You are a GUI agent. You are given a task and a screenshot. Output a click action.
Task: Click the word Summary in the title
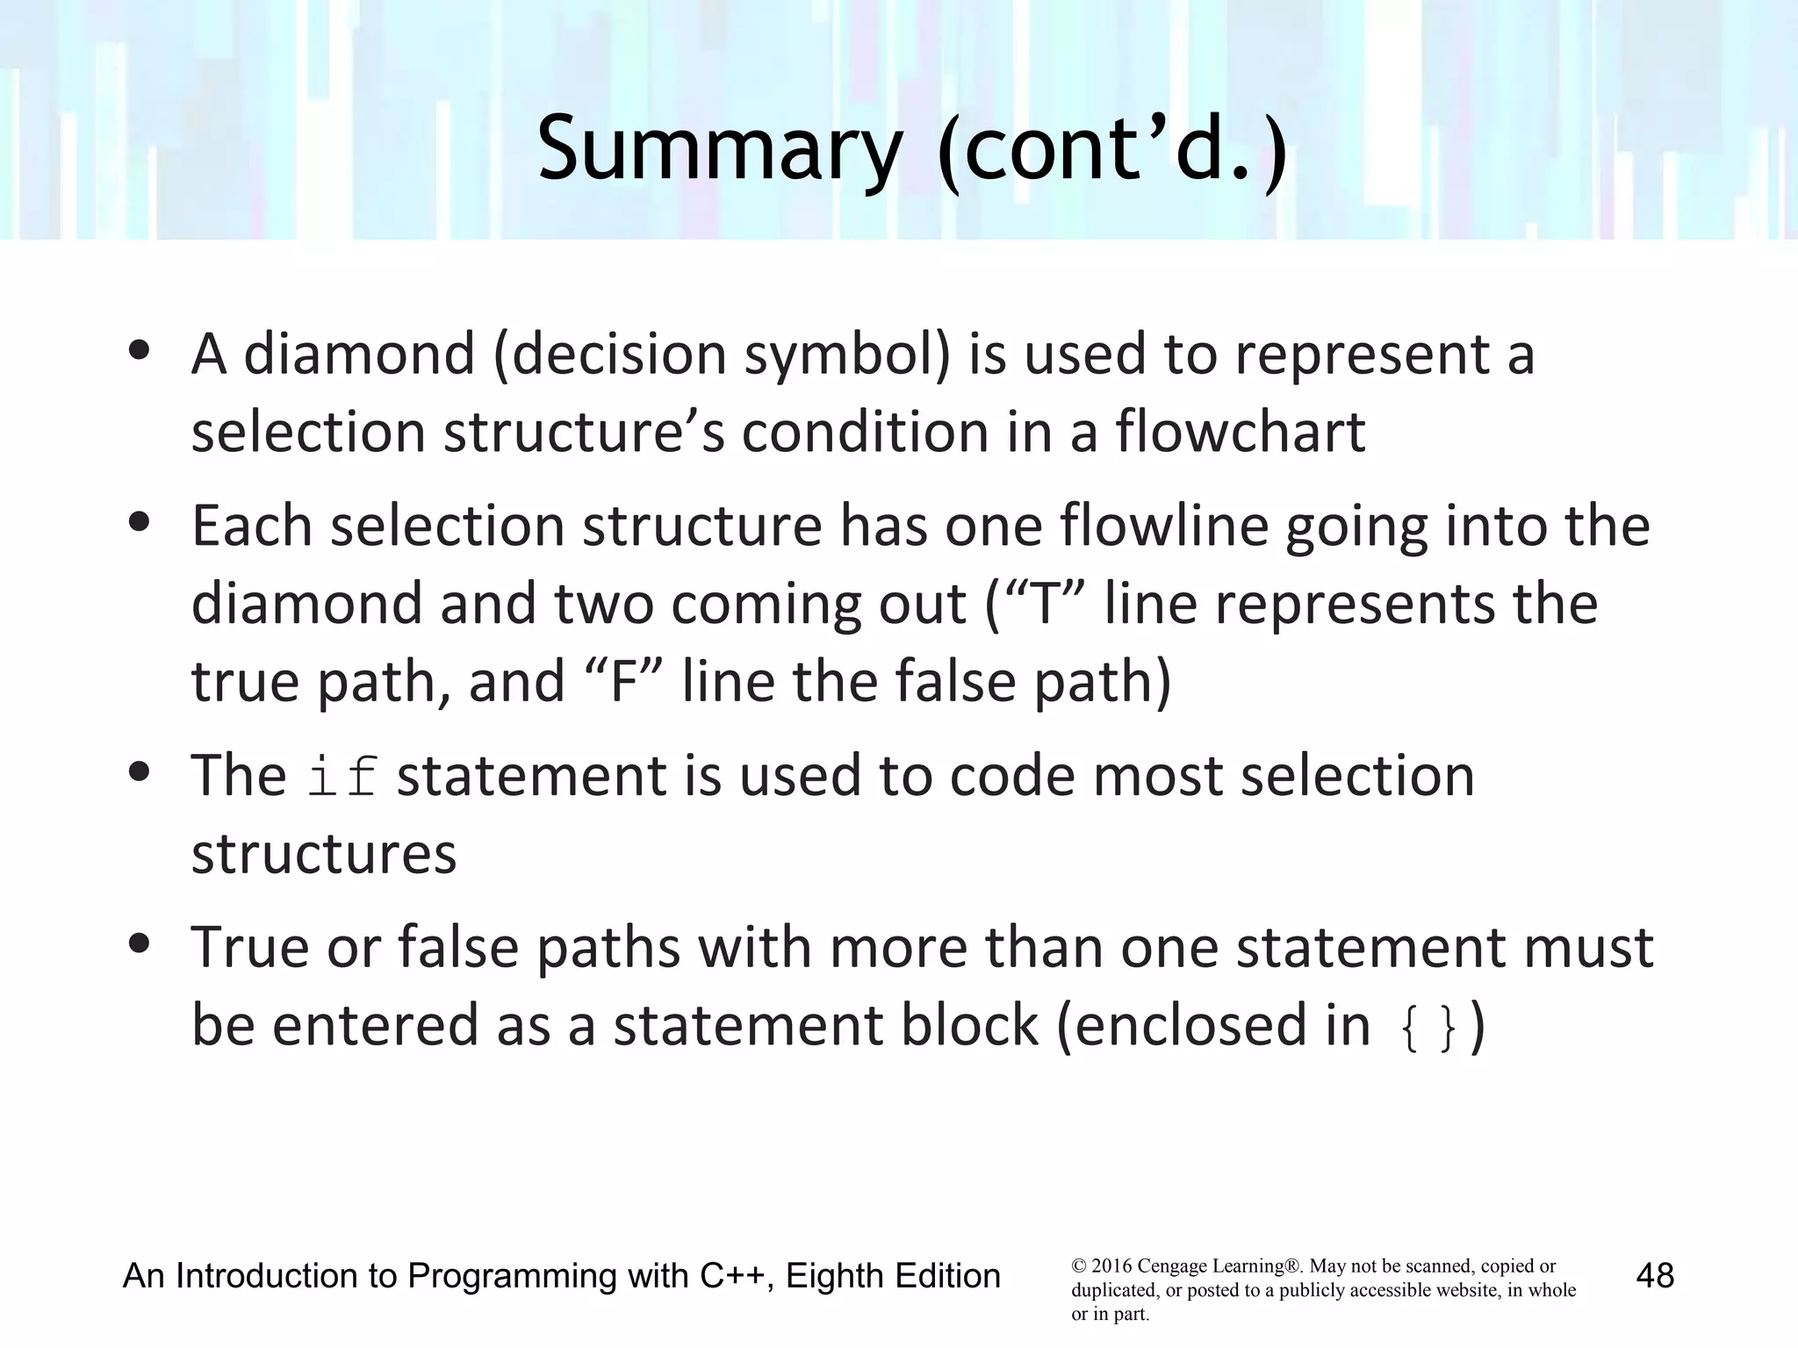tap(719, 149)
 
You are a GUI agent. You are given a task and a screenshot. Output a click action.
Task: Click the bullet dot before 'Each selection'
tap(139, 523)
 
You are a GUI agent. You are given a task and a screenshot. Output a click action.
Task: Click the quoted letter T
tap(1044, 605)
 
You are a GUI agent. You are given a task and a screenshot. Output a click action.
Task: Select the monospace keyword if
tap(342, 778)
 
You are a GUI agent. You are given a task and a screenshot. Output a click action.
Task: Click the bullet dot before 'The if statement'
tap(139, 773)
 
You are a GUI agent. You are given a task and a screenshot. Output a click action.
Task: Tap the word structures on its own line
tap(324, 854)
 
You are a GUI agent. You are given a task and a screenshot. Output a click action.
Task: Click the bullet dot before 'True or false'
tap(139, 944)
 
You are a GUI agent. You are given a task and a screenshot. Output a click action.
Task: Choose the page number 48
tap(1655, 1275)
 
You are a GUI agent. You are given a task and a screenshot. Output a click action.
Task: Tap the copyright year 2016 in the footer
tap(1111, 1266)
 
